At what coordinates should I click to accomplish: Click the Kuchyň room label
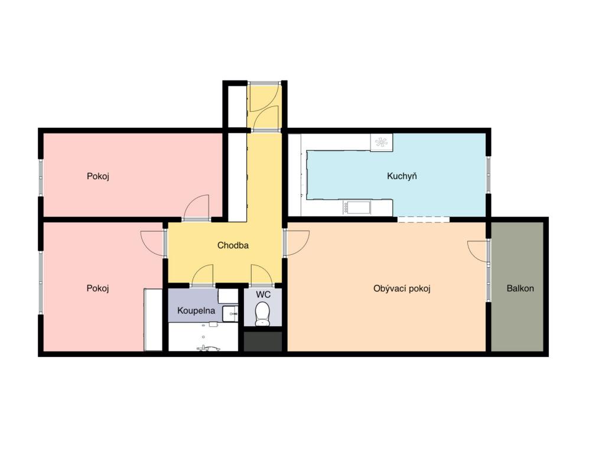pyautogui.click(x=402, y=176)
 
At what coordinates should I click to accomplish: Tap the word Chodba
pyautogui.click(x=233, y=245)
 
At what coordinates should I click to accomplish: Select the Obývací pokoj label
pyautogui.click(x=402, y=288)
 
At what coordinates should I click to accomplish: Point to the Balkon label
pyautogui.click(x=520, y=288)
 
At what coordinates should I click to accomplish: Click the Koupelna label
pyautogui.click(x=196, y=310)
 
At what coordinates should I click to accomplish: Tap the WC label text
pyautogui.click(x=263, y=294)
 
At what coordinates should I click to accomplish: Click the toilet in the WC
pyautogui.click(x=262, y=313)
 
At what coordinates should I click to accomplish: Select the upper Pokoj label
pyautogui.click(x=98, y=176)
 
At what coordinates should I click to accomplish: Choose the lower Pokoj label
pyautogui.click(x=98, y=288)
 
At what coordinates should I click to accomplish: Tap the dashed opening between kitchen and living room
pyautogui.click(x=423, y=219)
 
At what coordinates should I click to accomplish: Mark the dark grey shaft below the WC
pyautogui.click(x=263, y=341)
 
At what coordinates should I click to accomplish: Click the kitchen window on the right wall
pyautogui.click(x=488, y=175)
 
